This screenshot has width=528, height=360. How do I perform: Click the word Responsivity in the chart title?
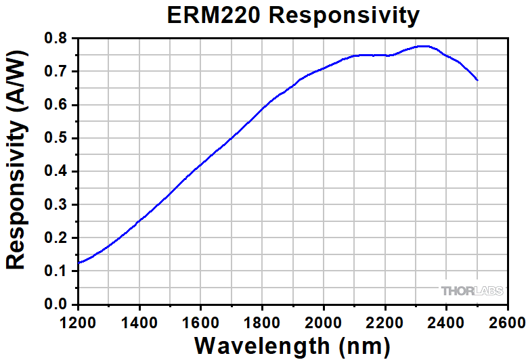tap(344, 15)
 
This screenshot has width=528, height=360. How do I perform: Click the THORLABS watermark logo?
tap(472, 291)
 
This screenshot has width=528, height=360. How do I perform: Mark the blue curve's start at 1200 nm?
tap(79, 263)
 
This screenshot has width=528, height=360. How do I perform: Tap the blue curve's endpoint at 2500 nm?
tap(477, 80)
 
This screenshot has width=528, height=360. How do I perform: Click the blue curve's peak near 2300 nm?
tap(422, 46)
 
